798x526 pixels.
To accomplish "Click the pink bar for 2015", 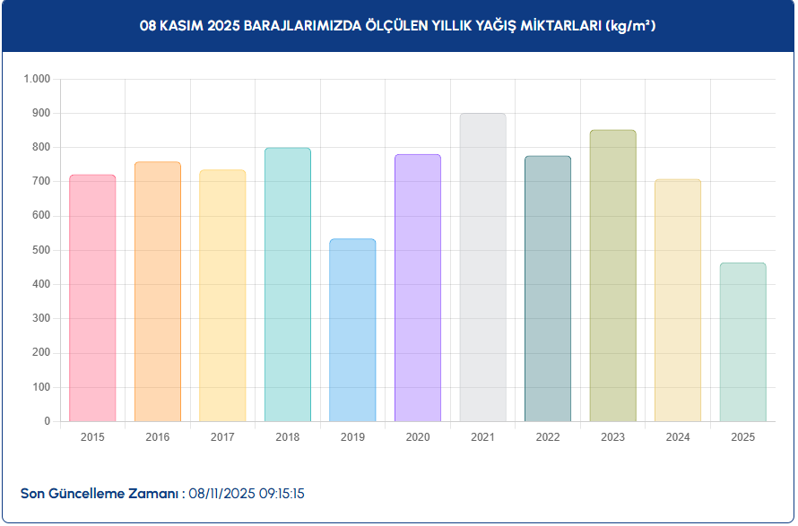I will [92, 297].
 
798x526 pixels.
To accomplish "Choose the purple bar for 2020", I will [418, 288].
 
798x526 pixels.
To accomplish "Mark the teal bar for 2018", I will [288, 284].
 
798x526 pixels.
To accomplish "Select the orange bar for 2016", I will [158, 291].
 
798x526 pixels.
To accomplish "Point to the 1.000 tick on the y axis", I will [37, 79].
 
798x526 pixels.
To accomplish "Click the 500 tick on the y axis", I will [41, 250].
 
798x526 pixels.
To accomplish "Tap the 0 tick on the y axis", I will [48, 421].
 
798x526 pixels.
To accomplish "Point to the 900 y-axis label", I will [41, 113].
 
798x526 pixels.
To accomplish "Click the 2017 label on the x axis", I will [222, 437].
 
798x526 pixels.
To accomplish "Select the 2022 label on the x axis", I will [547, 437].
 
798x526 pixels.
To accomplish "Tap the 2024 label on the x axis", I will [678, 437].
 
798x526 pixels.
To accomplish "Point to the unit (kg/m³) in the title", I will [630, 26].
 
